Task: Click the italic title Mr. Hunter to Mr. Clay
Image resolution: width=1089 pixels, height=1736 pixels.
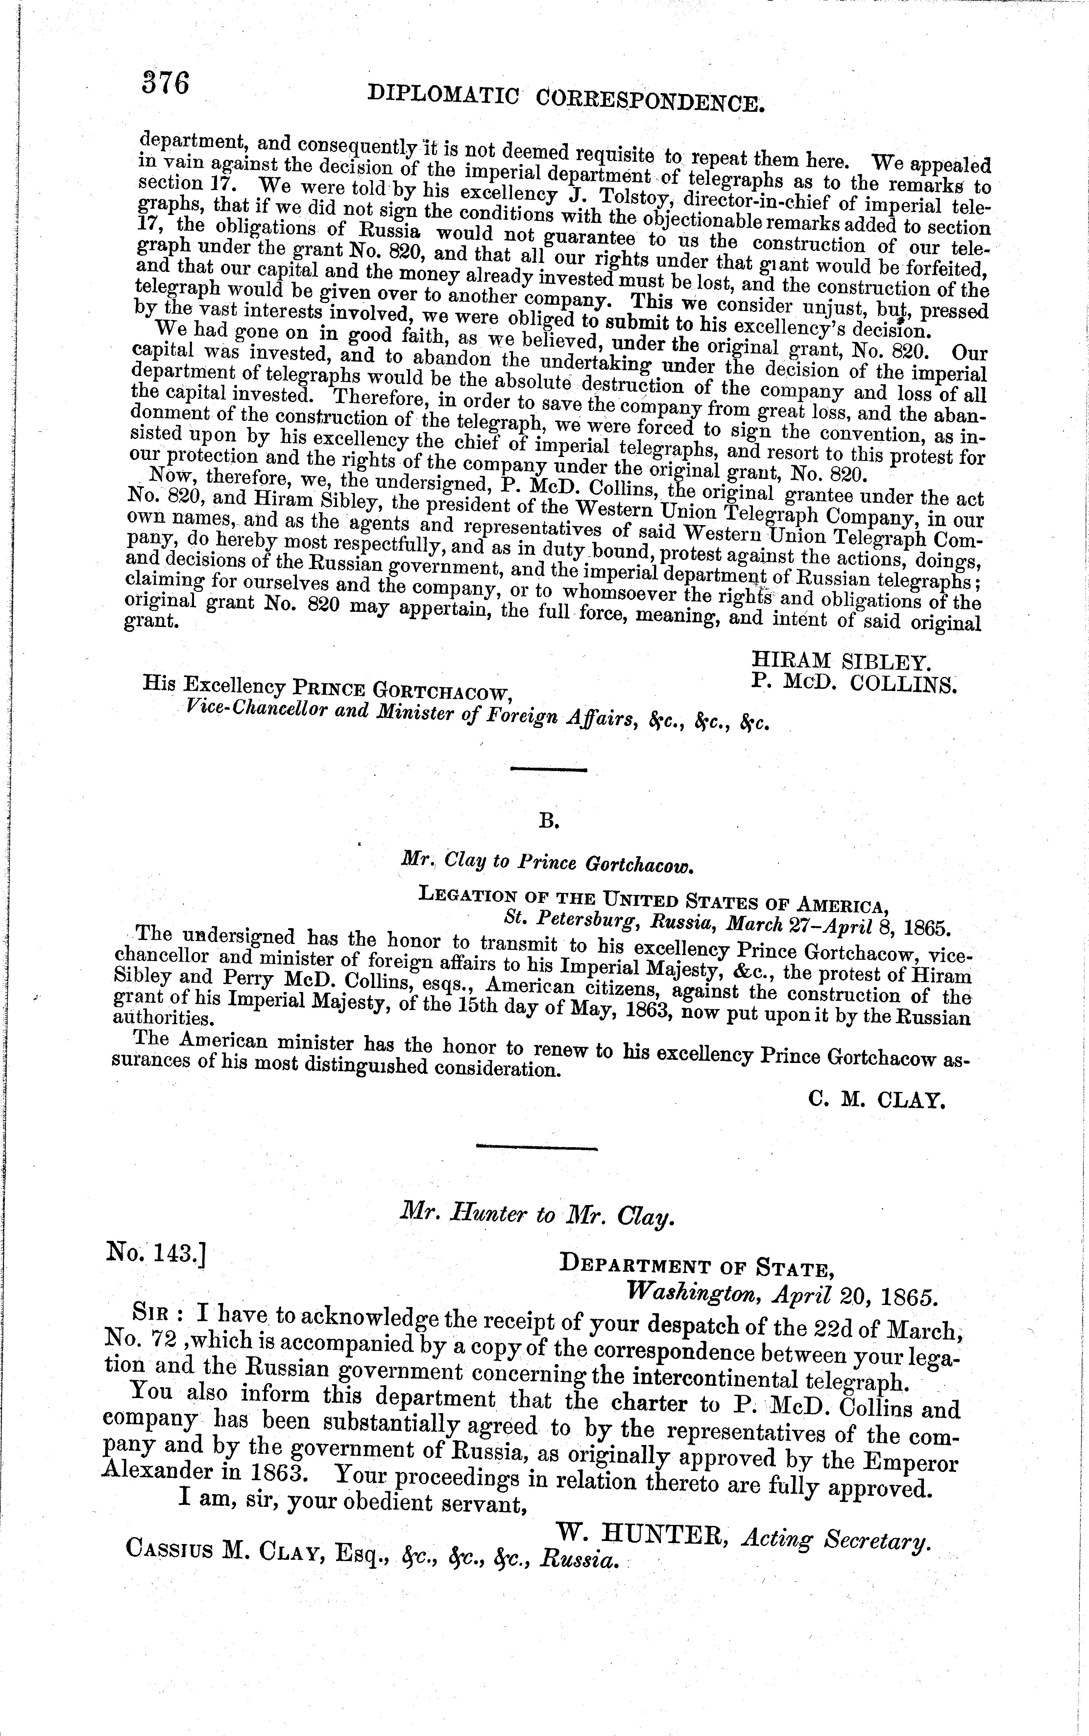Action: pyautogui.click(x=537, y=1216)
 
